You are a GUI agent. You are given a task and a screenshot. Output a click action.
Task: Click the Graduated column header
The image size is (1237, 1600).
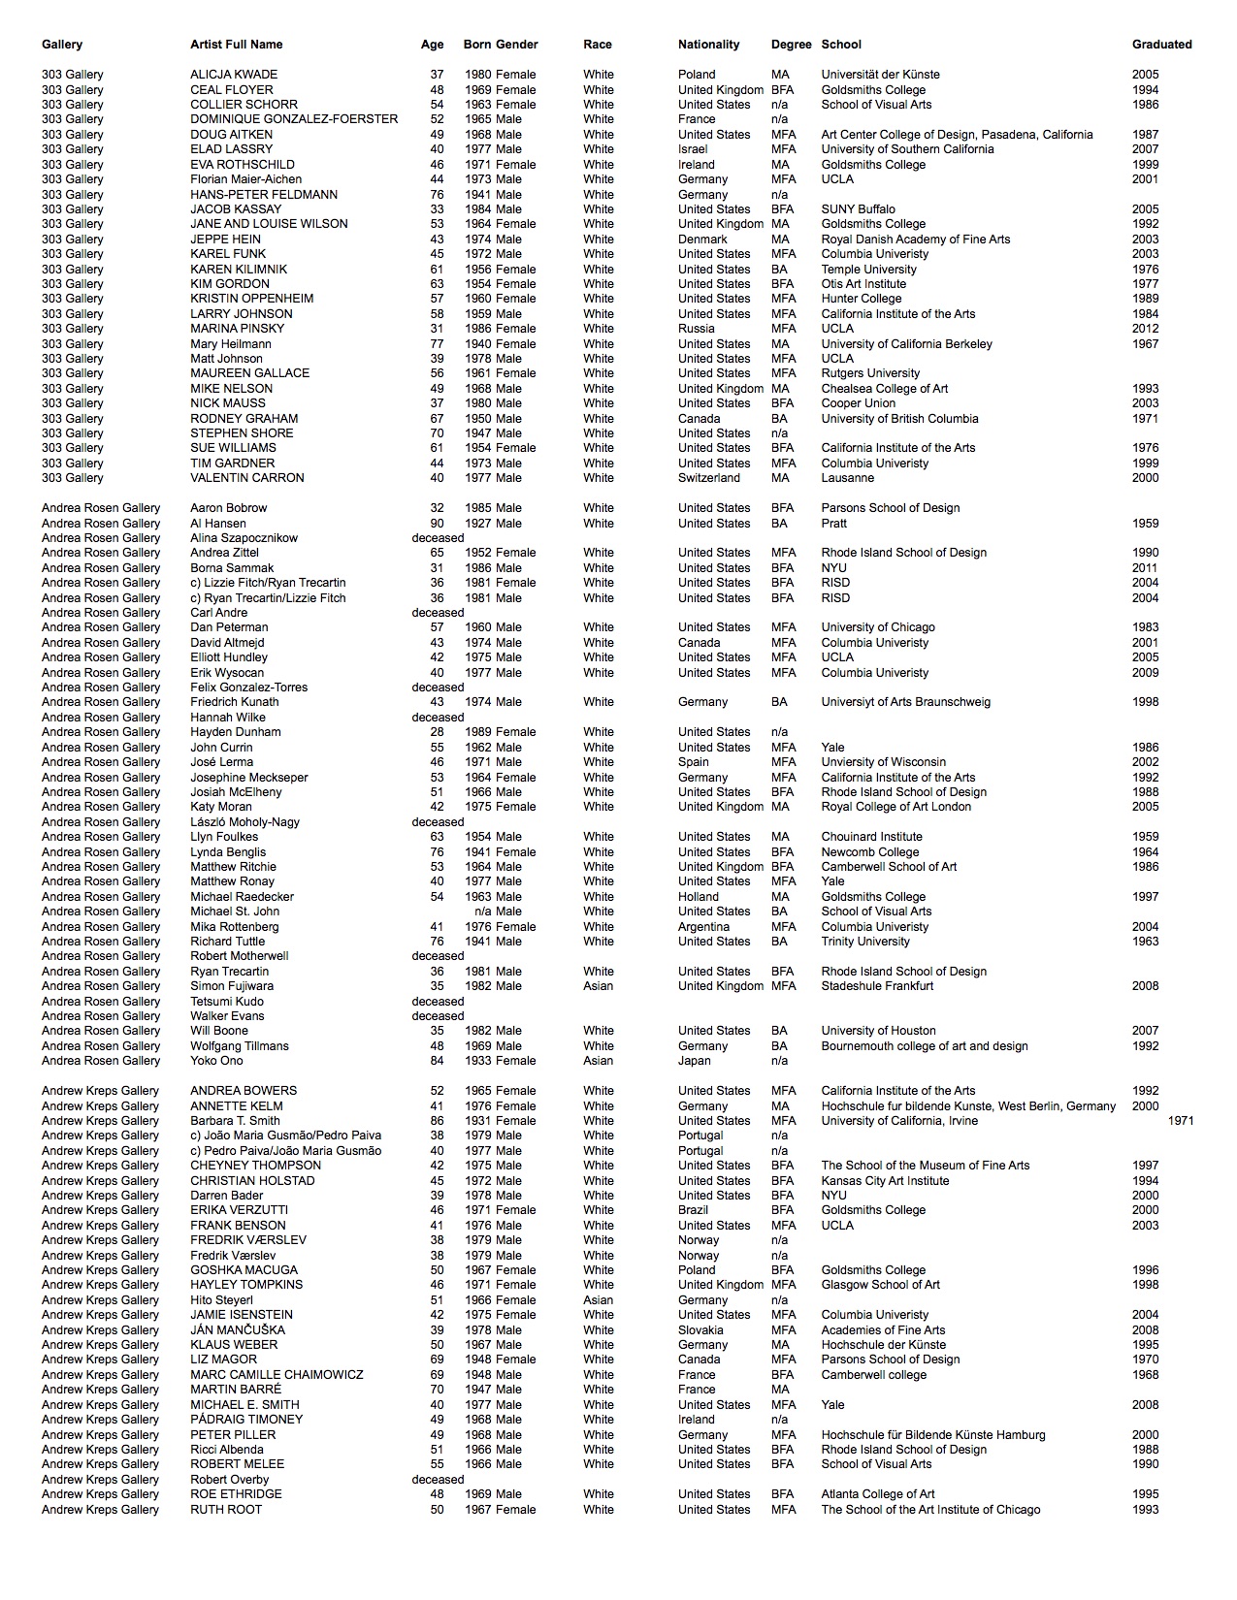pos(1161,45)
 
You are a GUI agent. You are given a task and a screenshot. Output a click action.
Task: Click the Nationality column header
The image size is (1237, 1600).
pos(708,45)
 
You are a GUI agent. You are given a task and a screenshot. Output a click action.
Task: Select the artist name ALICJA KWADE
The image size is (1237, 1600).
pos(234,75)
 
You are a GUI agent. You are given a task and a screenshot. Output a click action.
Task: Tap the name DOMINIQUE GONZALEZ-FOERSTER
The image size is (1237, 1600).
pos(294,119)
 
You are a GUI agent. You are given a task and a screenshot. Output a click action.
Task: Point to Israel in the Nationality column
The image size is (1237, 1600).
pos(693,149)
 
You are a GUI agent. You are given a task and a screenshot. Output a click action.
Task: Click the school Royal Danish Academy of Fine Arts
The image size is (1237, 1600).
pos(915,240)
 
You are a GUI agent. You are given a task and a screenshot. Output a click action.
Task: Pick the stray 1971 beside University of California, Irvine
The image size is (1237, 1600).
pos(1181,1121)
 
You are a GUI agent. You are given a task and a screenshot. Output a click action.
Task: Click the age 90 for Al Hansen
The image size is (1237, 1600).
pos(437,524)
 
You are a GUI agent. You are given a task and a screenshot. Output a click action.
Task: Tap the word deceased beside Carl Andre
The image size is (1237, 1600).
pos(438,613)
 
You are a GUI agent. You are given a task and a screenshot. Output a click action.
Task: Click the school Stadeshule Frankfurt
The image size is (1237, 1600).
pos(877,986)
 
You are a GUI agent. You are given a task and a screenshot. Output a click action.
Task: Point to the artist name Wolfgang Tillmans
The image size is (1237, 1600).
pos(240,1046)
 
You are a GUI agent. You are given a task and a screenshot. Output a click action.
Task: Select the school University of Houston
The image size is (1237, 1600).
pos(878,1031)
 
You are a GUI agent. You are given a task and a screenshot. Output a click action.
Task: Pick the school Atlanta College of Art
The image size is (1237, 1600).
pos(878,1494)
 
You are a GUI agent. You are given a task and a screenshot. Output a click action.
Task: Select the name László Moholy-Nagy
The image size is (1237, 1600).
pos(244,822)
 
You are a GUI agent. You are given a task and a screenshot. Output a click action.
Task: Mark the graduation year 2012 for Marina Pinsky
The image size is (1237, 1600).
pos(1145,329)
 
